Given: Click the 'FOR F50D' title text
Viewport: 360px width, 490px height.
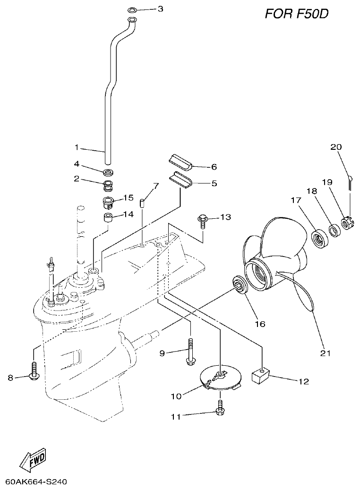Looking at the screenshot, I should pos(296,14).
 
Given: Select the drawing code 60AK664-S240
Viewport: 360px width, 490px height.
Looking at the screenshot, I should pos(36,482).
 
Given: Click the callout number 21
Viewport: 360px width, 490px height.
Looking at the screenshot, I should pos(325,352).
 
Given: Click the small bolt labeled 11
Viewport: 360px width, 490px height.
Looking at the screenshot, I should pos(220,408).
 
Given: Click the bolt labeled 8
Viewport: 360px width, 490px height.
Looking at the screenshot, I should pos(34,370).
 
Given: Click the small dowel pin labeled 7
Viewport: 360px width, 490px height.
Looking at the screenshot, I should pos(142,203).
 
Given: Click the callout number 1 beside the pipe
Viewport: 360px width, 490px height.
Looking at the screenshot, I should pos(76,147).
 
